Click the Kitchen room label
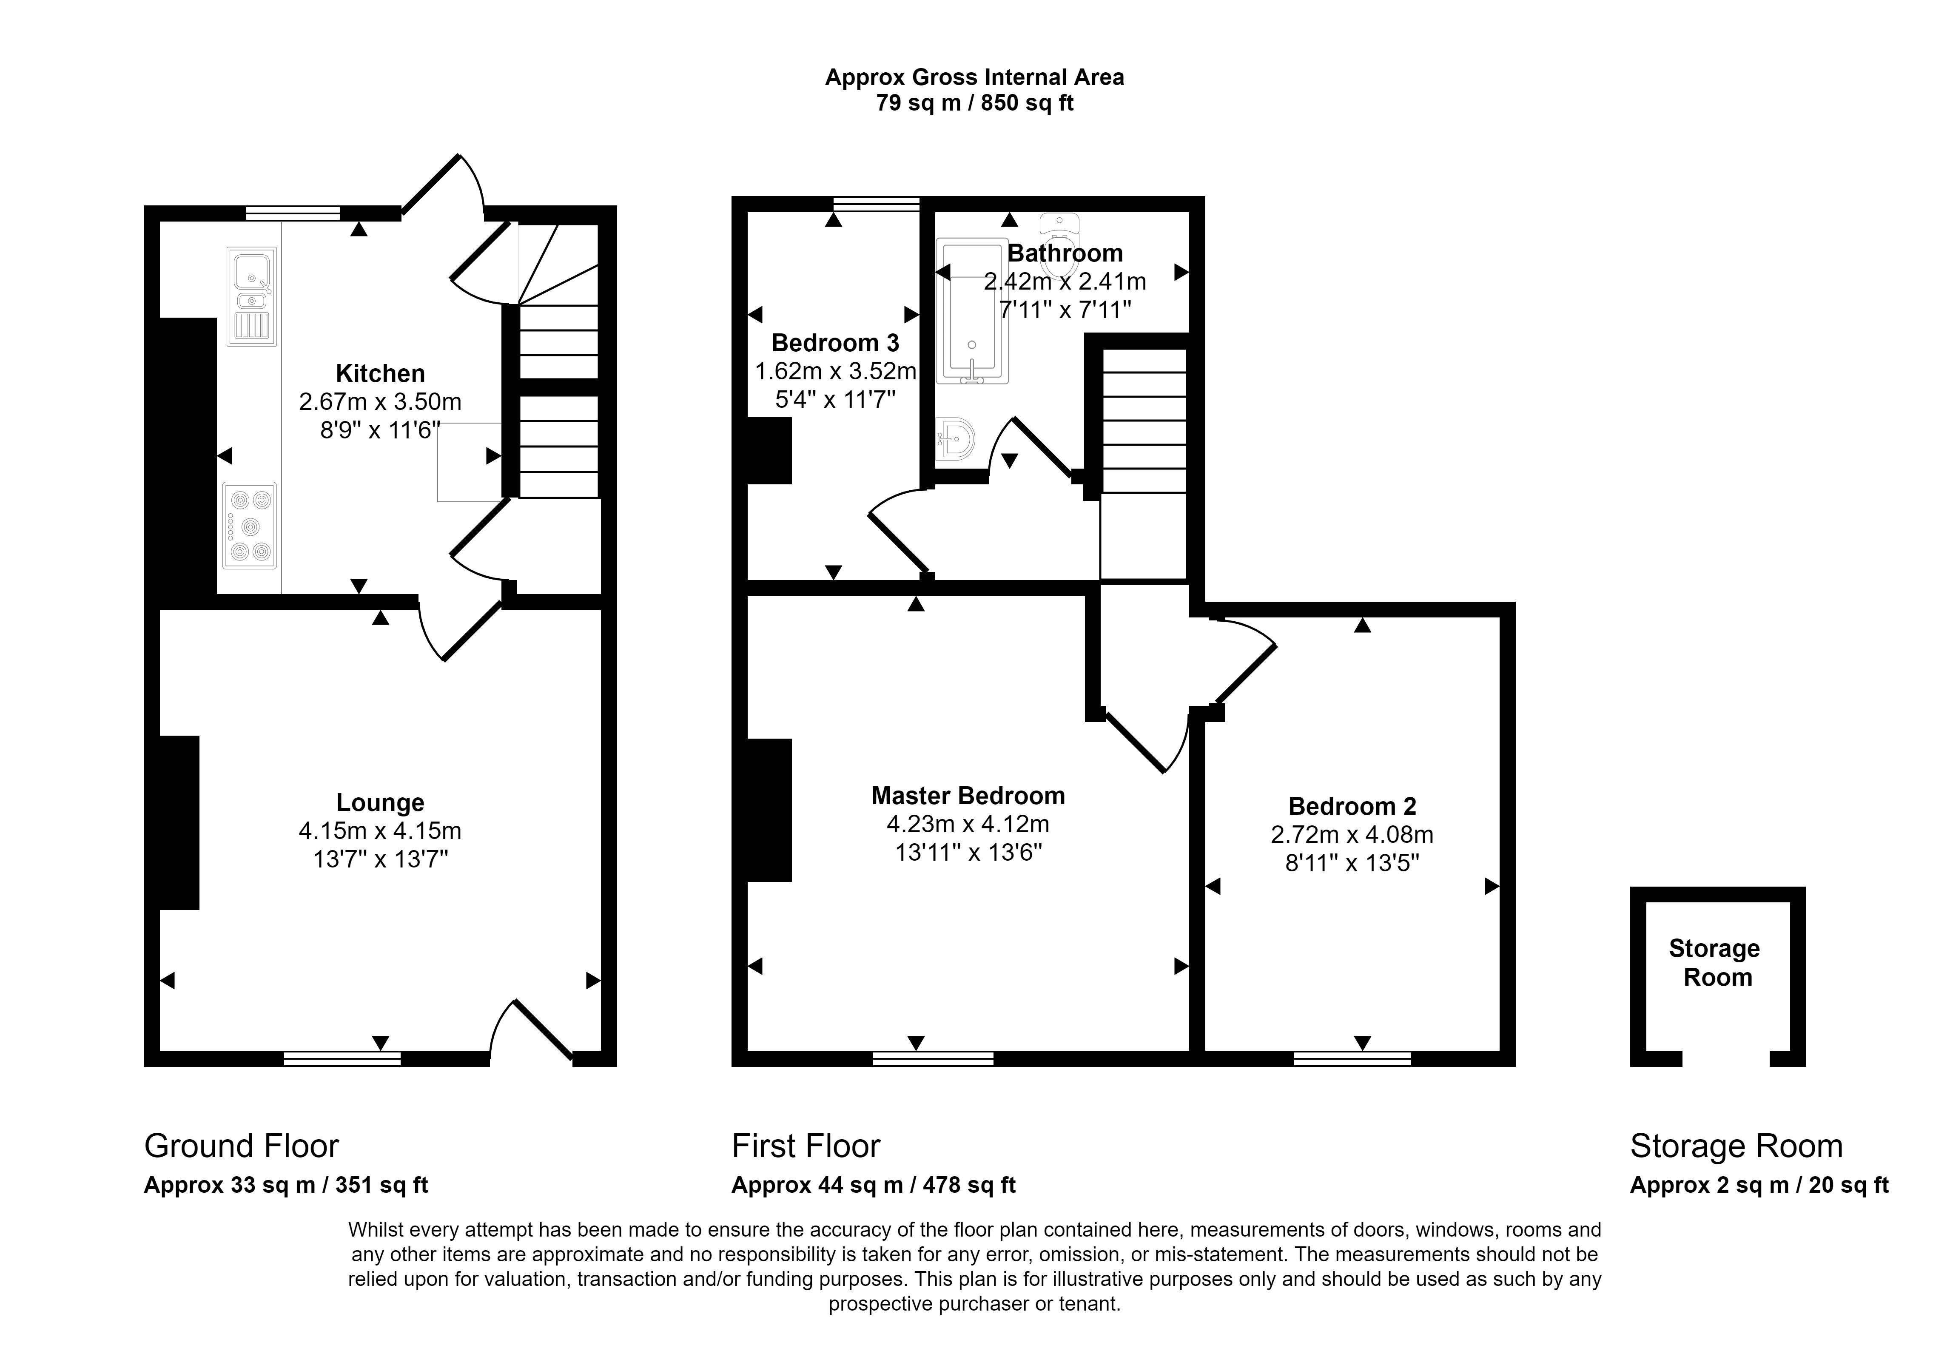coord(380,373)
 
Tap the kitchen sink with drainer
coord(252,296)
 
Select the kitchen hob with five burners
coord(249,525)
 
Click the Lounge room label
coord(380,802)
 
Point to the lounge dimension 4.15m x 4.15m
coord(380,831)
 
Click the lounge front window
coord(342,1058)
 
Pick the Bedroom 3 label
coord(835,343)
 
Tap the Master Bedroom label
coord(968,796)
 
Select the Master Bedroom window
coord(933,1058)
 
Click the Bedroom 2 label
coord(1352,807)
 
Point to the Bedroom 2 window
coord(1352,1058)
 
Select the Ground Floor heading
coord(242,1146)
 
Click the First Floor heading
coord(806,1146)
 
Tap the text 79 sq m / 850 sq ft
coord(975,103)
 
